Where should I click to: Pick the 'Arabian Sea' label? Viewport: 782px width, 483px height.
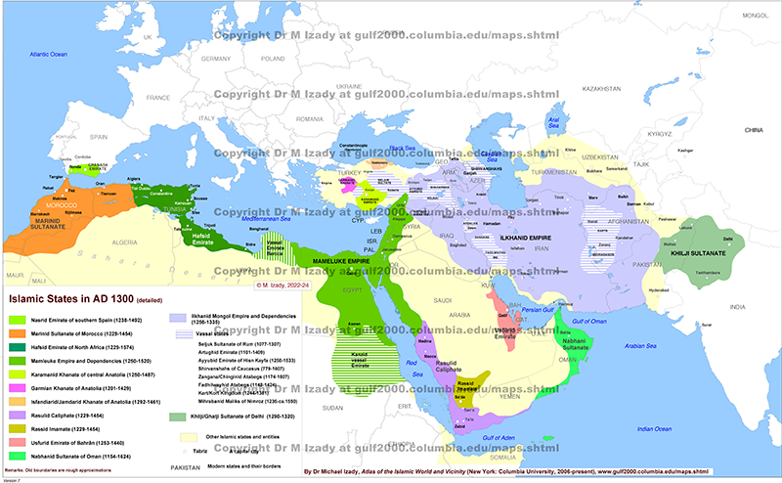point(640,345)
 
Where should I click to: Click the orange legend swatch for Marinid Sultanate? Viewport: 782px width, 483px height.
point(19,332)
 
